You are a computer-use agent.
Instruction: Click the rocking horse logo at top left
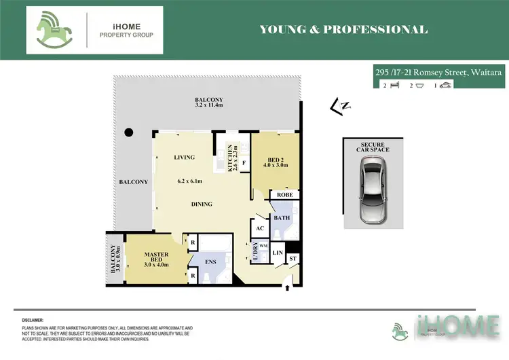pyautogui.click(x=55, y=30)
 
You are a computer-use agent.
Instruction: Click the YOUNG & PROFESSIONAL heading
pyautogui.click(x=343, y=30)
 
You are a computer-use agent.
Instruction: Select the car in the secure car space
pyautogui.click(x=373, y=190)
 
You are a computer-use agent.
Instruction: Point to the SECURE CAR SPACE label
pyautogui.click(x=373, y=146)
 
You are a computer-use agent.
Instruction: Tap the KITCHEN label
pyautogui.click(x=231, y=156)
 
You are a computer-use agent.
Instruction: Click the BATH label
pyautogui.click(x=281, y=218)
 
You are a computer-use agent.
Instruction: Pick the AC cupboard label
pyautogui.click(x=260, y=229)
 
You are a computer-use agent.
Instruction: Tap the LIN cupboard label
pyautogui.click(x=277, y=253)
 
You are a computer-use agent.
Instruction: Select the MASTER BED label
pyautogui.click(x=156, y=258)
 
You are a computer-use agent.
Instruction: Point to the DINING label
pyautogui.click(x=202, y=204)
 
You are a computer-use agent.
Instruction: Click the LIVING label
pyautogui.click(x=184, y=158)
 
